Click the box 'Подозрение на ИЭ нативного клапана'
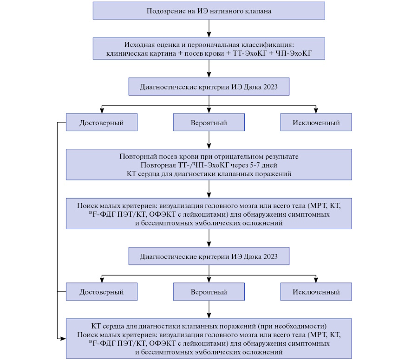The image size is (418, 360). pos(209,11)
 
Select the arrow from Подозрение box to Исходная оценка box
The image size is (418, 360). pos(209,28)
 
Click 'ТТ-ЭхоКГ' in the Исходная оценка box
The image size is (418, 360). pos(249,53)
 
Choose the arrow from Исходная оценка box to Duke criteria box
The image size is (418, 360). pos(209,69)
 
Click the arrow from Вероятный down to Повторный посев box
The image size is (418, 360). pos(209,140)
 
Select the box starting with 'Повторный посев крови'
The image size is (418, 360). pos(209,164)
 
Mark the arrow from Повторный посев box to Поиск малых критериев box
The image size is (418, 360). pos(209,189)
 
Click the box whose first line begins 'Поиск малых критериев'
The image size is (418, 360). pos(209,213)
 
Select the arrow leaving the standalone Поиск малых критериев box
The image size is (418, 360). pos(209,238)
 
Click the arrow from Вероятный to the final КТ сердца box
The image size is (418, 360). pos(209,309)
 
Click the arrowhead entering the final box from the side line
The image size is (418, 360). pos(63,339)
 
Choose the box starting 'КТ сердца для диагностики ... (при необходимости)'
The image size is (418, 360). pos(209,339)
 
